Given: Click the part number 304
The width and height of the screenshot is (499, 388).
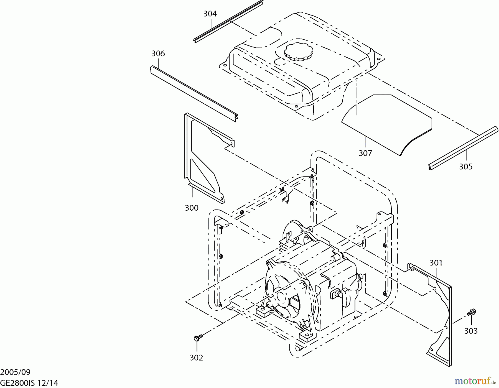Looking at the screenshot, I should point(210,14).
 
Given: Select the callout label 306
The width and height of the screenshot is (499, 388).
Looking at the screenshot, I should point(158,53).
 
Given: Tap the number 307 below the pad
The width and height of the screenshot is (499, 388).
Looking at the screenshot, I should point(365,153).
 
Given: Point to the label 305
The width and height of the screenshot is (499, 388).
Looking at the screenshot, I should point(466,167).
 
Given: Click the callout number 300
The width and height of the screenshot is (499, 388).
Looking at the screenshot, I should point(192,208).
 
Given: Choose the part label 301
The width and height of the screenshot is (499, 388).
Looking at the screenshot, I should point(436,262).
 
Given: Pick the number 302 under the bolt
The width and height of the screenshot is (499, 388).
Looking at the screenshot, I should point(196,358).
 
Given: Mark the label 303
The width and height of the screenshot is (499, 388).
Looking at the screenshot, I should point(471,331).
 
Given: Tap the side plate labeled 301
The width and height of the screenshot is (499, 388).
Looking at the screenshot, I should point(441,319).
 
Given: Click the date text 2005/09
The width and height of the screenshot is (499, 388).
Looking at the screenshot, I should point(15,372).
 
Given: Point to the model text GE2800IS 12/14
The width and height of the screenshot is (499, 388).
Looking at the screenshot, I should point(29,383).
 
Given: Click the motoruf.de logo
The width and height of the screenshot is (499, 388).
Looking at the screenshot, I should point(475,381).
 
